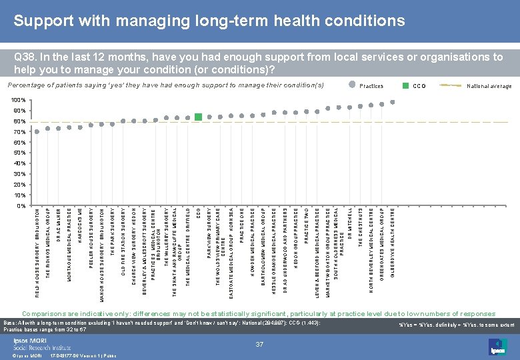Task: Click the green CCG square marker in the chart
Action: click(199, 117)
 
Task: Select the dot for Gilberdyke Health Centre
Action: click(393, 102)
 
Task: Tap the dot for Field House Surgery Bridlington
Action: click(37, 131)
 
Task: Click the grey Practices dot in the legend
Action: click(352, 85)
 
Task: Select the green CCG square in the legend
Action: click(405, 85)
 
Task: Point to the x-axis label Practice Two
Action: click(306, 226)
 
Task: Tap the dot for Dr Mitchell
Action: click(349, 107)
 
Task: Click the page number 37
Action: click(259, 344)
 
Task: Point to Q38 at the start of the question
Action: click(26, 57)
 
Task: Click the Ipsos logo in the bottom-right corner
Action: click(498, 346)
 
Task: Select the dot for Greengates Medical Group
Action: click(382, 104)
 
